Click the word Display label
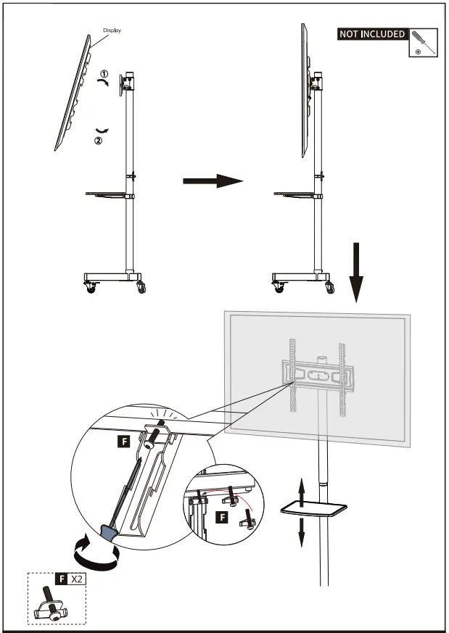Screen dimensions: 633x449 pyautogui.click(x=112, y=30)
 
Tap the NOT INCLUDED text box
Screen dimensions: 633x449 pyautogui.click(x=372, y=34)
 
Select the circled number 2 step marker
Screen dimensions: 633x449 pyautogui.click(x=99, y=141)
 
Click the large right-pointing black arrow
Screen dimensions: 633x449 pyautogui.click(x=211, y=181)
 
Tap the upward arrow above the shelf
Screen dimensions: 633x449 pyautogui.click(x=301, y=489)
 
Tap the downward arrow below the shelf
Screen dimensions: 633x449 pyautogui.click(x=301, y=533)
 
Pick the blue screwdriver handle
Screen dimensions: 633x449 pyautogui.click(x=107, y=534)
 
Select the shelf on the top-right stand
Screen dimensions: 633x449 pyautogui.click(x=293, y=194)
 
